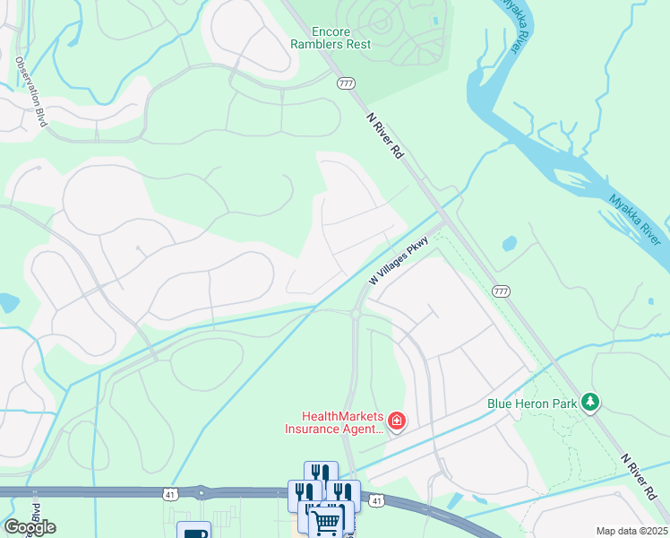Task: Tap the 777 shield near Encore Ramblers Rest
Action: click(347, 83)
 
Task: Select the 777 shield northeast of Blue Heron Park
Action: click(501, 291)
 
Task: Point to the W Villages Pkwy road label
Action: click(400, 260)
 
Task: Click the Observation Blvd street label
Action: click(30, 91)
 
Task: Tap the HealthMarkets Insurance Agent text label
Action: click(333, 422)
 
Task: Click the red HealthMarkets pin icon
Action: click(396, 421)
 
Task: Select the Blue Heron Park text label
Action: click(531, 403)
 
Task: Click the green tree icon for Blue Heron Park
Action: click(589, 403)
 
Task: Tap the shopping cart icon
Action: click(327, 520)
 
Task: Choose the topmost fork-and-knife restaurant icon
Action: click(321, 473)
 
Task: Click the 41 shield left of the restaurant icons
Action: click(170, 493)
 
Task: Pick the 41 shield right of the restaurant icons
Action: click(376, 500)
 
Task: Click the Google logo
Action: click(30, 527)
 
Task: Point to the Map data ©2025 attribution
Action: click(631, 531)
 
